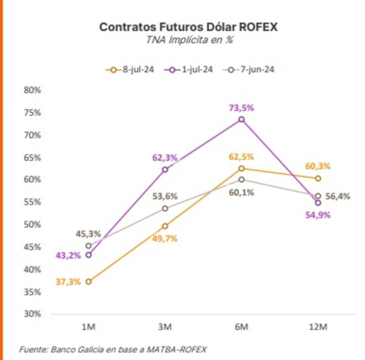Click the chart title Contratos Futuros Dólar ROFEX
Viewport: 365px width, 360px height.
[x=188, y=27]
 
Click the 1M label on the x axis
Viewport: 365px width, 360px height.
[x=88, y=327]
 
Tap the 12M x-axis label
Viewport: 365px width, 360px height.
[x=318, y=327]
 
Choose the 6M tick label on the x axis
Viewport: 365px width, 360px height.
[x=241, y=327]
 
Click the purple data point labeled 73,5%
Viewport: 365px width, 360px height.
[x=241, y=120]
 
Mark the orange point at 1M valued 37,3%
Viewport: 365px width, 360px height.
[x=89, y=281]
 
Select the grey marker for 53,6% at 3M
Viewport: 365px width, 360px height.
[x=165, y=209]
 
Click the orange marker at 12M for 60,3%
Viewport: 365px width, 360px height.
[x=318, y=178]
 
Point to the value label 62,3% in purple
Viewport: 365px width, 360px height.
[x=165, y=158]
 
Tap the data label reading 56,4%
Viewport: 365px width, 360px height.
[x=338, y=196]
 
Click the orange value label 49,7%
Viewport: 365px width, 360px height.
[x=165, y=238]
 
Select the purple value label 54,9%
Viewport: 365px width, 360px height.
[x=318, y=215]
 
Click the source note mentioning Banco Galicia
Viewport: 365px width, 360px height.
[x=113, y=349]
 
